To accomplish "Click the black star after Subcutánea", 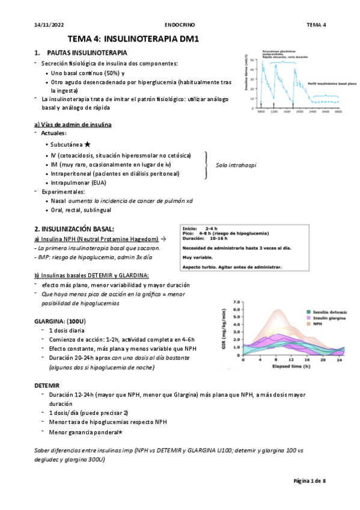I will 88,144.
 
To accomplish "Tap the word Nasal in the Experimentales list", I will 58,200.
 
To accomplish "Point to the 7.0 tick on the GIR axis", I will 237,302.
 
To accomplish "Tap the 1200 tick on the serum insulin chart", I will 274,111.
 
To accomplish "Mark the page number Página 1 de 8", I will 309,481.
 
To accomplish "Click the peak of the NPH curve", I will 278,310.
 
